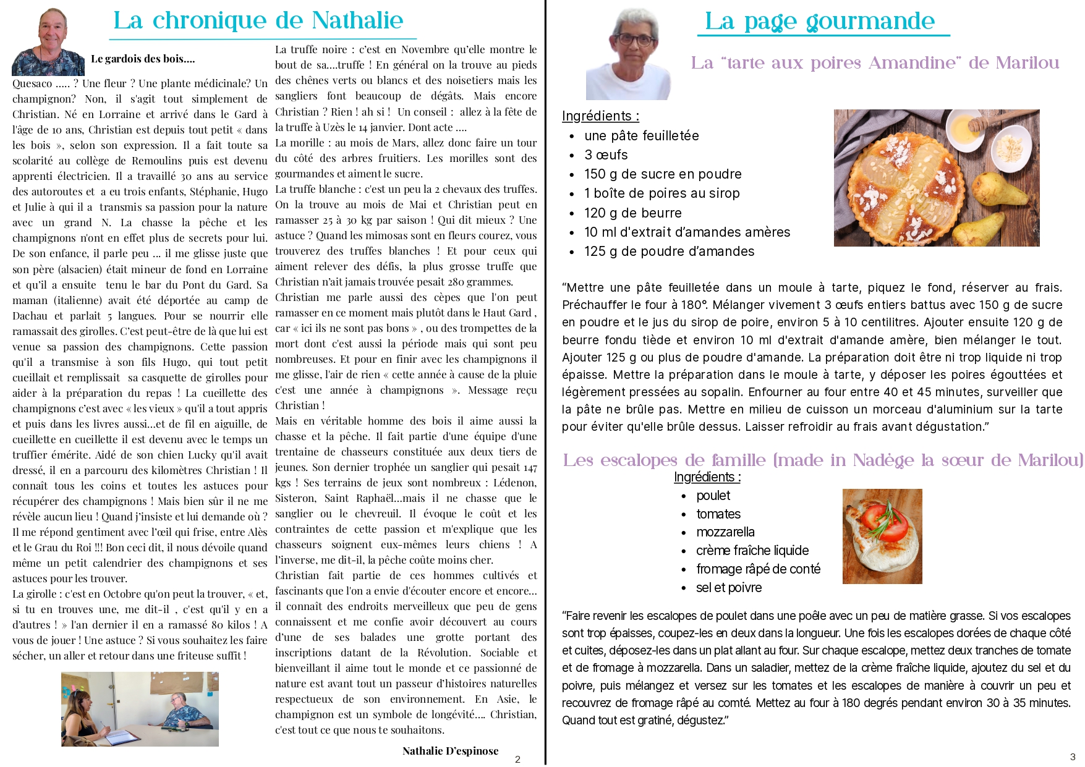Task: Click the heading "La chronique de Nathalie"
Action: [258, 21]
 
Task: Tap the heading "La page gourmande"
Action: [820, 22]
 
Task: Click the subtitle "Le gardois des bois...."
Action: [143, 59]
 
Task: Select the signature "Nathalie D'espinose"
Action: [450, 751]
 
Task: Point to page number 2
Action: [517, 760]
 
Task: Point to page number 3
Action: [1073, 757]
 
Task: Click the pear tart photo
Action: [936, 178]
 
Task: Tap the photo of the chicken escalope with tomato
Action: [882, 536]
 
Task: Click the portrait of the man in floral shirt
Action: [48, 42]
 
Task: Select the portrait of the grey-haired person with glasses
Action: [628, 54]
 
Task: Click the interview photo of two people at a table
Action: [140, 709]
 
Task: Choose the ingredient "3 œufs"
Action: [606, 155]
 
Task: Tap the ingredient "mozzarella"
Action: [725, 532]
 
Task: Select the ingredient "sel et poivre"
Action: [728, 588]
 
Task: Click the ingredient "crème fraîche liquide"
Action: [752, 551]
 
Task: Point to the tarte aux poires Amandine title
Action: [875, 63]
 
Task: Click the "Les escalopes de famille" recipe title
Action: [823, 460]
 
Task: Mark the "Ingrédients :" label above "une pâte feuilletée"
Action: [600, 116]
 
